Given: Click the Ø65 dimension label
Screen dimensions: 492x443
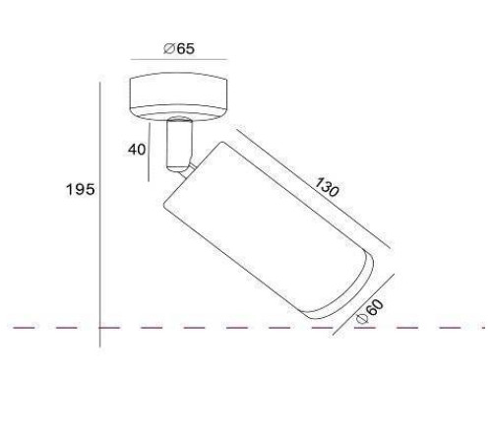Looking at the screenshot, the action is (179, 48).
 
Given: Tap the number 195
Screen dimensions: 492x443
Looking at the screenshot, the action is (81, 190).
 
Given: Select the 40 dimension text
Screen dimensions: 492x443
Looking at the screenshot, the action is (137, 150).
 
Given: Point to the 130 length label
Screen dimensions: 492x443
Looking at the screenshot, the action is (326, 187).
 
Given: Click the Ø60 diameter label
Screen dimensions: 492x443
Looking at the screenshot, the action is (370, 312).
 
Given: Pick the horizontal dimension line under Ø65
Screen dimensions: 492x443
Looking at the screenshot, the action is (179, 60).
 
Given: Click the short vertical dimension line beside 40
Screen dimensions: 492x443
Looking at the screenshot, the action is (149, 152).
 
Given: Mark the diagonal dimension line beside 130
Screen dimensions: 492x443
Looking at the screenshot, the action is (313, 188).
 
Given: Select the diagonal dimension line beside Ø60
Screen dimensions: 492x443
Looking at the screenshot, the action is (363, 304).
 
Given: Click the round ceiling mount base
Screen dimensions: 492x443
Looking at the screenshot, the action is (179, 96).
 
